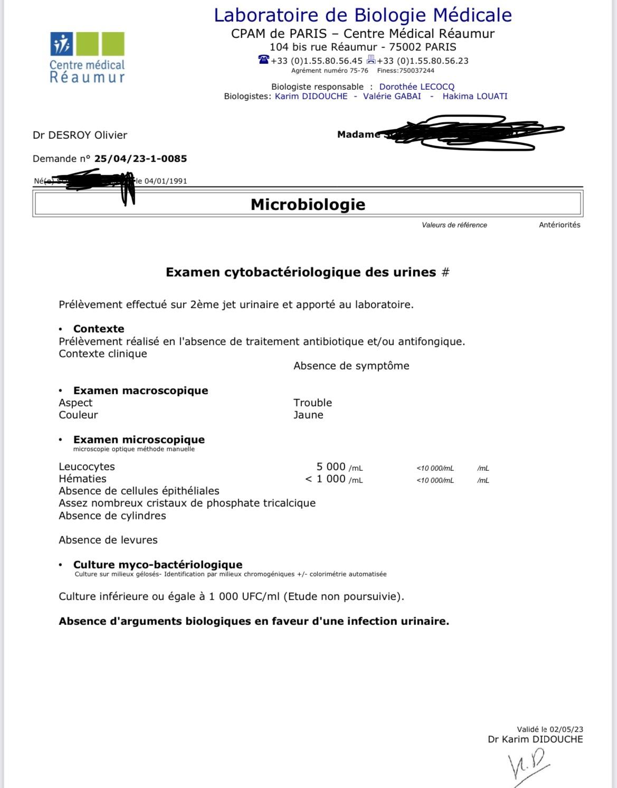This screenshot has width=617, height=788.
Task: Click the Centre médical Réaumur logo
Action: (x=87, y=57)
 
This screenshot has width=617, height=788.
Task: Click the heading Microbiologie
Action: (x=308, y=204)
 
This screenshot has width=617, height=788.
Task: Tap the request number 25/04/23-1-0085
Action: (x=140, y=158)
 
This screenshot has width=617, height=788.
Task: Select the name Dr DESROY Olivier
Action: (x=80, y=135)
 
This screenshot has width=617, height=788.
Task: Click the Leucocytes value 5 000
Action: (x=331, y=467)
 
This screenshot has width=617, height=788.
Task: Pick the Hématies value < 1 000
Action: (x=325, y=479)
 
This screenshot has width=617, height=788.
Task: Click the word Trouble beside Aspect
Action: (x=312, y=403)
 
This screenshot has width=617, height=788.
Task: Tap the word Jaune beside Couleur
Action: (x=308, y=415)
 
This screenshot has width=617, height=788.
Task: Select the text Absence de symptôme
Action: (x=351, y=366)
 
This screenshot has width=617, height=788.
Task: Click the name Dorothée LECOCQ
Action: (x=416, y=87)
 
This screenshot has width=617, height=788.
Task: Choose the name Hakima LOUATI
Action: (x=474, y=96)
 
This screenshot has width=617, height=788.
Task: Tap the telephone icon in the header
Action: (x=263, y=60)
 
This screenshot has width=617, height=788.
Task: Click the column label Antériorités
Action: (x=559, y=225)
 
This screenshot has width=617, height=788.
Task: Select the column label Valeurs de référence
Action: (x=454, y=225)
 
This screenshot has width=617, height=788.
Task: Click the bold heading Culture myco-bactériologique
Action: (x=158, y=565)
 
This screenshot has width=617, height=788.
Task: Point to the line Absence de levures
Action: (x=108, y=540)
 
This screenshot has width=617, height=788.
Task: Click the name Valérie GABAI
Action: (x=392, y=96)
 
